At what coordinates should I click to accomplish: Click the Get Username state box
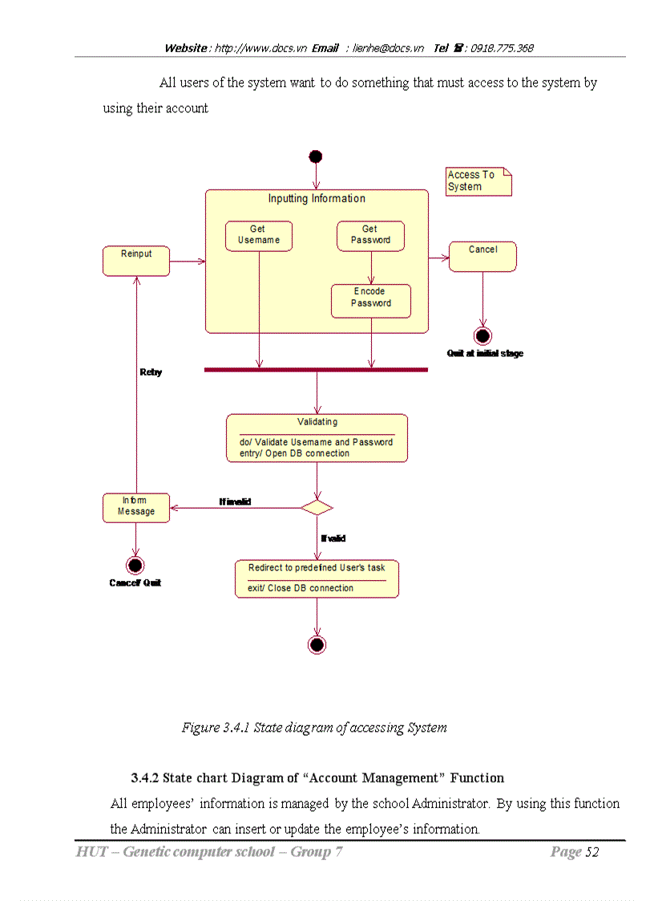(258, 236)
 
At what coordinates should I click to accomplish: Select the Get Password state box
(370, 236)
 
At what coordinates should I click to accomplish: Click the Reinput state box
(136, 261)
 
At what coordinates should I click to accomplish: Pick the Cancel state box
(482, 256)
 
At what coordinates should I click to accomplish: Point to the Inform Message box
(136, 508)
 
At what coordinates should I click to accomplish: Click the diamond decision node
(317, 507)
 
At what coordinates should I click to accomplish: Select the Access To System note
(478, 181)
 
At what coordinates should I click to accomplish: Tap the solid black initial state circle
(316, 156)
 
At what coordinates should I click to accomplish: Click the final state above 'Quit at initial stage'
(482, 335)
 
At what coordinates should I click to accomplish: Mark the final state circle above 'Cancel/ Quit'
(135, 566)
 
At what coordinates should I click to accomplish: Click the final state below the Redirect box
(317, 644)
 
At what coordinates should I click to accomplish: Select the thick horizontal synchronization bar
(316, 370)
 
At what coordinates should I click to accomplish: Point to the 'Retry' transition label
(151, 372)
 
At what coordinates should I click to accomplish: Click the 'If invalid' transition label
(235, 501)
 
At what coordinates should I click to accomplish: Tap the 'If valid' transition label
(333, 538)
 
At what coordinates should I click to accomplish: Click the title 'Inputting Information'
(317, 199)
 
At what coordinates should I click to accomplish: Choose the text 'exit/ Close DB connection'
(300, 588)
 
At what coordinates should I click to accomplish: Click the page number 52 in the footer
(591, 852)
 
